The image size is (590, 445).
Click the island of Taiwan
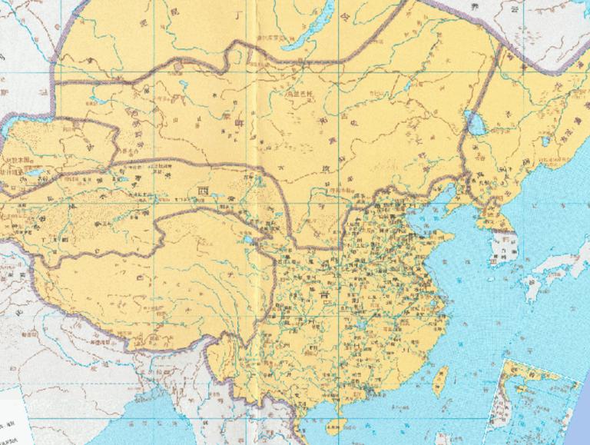click(x=440, y=379)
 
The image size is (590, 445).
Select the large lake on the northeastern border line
click(x=471, y=121)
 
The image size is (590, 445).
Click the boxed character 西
click(x=203, y=189)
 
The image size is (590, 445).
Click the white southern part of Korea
click(x=503, y=248)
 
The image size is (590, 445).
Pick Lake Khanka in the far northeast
click(x=544, y=141)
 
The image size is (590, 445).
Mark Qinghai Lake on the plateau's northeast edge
click(x=248, y=246)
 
